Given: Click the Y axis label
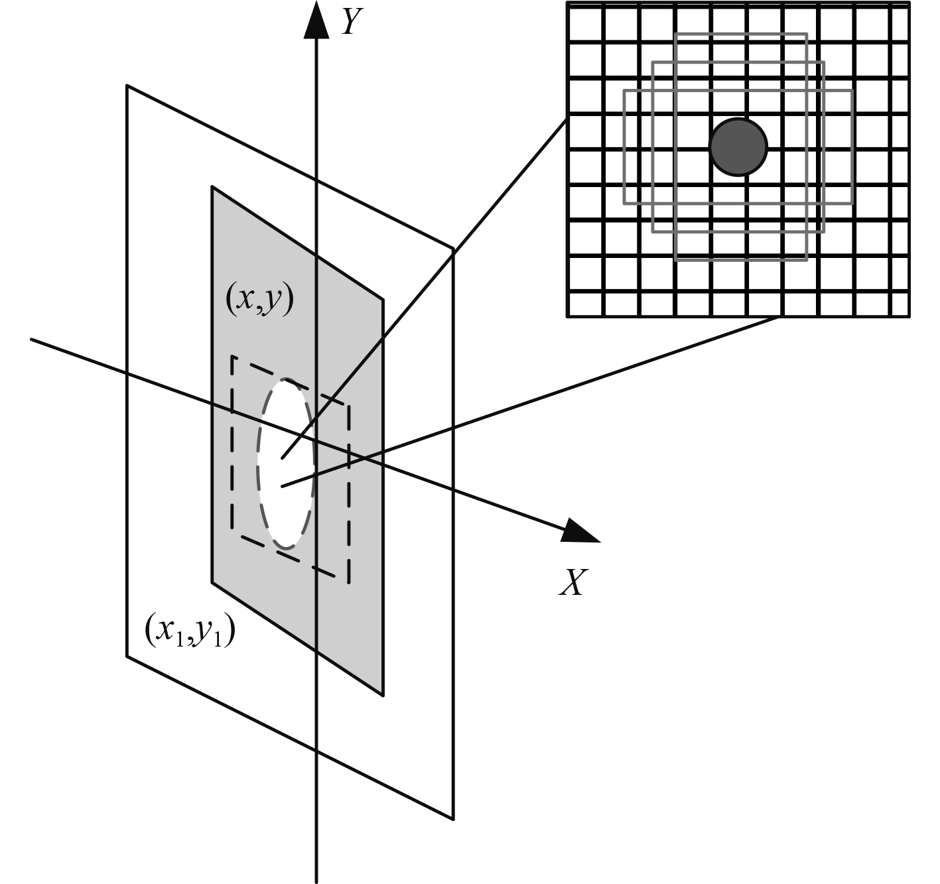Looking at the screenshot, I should [352, 21].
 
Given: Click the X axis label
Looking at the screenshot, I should [572, 583].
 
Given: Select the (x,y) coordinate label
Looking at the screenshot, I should [259, 301].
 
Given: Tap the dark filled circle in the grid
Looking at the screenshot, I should [738, 147].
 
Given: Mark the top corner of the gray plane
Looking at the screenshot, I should [212, 188].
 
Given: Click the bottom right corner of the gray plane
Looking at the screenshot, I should [383, 695].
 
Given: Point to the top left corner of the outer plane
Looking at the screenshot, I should [127, 86].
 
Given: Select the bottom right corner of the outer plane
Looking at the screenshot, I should [454, 819].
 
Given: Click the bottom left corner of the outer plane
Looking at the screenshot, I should [127, 657].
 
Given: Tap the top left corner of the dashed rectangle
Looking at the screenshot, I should [232, 357].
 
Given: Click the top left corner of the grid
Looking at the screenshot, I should [568, 3].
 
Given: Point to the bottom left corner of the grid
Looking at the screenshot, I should [568, 316].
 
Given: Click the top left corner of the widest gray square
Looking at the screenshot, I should [624, 90].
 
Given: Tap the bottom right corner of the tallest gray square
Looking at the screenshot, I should [807, 260].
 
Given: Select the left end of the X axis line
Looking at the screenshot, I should [31, 340].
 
